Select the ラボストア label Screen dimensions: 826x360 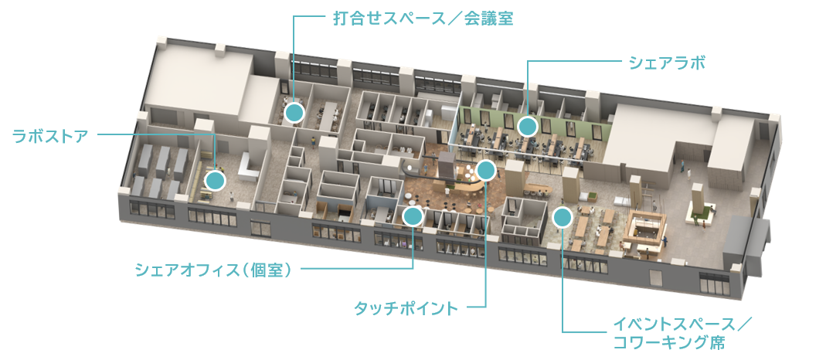point(49,136)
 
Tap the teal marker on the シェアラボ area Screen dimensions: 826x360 point(528,125)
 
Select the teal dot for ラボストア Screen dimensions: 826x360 point(215,181)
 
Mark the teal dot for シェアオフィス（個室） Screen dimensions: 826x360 point(413,216)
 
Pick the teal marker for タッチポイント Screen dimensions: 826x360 point(485,170)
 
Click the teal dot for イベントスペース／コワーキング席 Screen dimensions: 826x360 point(563,216)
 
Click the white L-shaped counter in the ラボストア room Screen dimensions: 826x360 point(246,165)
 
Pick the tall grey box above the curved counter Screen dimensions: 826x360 point(448,165)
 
